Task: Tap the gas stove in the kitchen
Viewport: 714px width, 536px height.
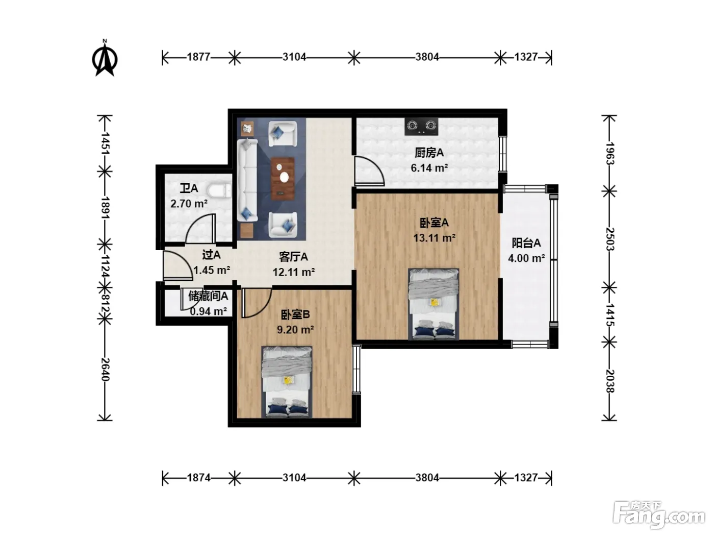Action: [421, 126]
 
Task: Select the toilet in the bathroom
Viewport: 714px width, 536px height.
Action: [220, 191]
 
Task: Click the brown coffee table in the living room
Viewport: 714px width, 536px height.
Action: [283, 178]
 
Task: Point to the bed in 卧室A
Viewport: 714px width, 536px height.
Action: [433, 304]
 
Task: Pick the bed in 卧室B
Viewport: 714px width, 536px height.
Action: [287, 382]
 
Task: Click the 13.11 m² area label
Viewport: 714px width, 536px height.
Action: [434, 238]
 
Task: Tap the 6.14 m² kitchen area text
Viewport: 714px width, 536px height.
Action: [429, 168]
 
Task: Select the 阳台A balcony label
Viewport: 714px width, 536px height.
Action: [526, 243]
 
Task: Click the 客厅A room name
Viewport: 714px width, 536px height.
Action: [293, 257]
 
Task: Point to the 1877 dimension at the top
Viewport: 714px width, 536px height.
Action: [198, 57]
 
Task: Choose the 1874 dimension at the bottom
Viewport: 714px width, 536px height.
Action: [198, 477]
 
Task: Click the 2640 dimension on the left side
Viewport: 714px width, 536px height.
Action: [105, 370]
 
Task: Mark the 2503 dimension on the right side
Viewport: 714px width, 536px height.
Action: [610, 239]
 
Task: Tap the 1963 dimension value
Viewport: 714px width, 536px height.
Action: [610, 154]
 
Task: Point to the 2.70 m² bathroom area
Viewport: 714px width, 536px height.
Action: [189, 204]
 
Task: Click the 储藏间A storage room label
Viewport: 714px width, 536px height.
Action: [208, 296]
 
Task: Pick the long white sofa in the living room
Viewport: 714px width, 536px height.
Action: [247, 180]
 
